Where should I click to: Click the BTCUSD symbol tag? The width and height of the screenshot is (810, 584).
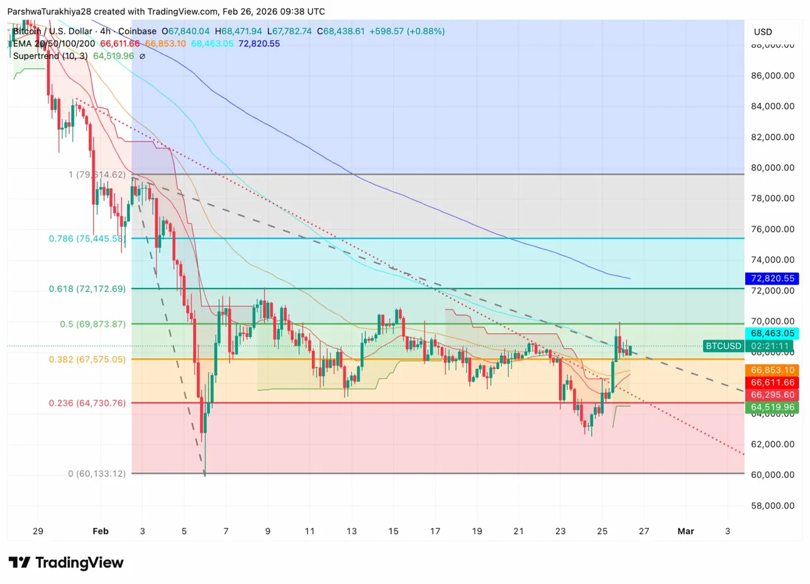(723, 346)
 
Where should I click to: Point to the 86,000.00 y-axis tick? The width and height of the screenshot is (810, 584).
(772, 75)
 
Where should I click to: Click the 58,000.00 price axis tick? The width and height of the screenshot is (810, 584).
(772, 505)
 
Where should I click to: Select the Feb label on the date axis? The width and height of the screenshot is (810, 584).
(100, 531)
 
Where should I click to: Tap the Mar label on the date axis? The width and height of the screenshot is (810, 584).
(685, 531)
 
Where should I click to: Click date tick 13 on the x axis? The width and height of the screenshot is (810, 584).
(351, 531)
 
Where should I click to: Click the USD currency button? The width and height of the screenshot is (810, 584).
(763, 32)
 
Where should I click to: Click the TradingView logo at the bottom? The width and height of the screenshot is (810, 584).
(66, 563)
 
